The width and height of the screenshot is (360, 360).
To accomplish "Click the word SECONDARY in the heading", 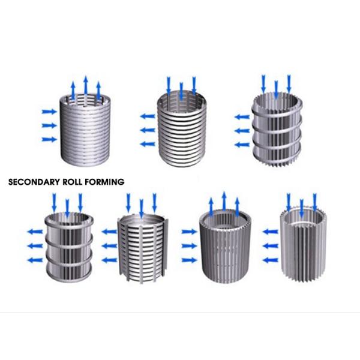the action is coord(34,182).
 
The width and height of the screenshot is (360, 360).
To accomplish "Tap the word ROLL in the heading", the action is coord(73,182).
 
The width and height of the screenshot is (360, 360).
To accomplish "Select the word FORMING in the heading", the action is coord(104,182).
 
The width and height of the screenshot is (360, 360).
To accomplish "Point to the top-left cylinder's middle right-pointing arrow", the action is coord(49,125).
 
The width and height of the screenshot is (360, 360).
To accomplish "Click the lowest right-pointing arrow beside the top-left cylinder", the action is coord(49,139).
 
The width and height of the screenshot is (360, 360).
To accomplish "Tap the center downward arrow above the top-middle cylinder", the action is coord(181,91).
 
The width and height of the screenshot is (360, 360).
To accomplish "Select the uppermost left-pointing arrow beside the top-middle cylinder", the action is coord(148,116).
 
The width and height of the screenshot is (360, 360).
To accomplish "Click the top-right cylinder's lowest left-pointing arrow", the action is coord(242,145).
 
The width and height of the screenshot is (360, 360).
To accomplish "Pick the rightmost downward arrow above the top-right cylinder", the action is coord(289,83).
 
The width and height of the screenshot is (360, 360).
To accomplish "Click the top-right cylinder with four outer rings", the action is coord(277,130).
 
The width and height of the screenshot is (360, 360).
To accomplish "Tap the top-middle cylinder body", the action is coord(182,130).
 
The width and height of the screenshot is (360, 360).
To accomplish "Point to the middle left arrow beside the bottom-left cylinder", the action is coord(35,246).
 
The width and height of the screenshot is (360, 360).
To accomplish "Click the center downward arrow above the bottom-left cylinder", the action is coord(67,208).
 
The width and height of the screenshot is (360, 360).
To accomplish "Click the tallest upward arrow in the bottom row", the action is coord(224,201).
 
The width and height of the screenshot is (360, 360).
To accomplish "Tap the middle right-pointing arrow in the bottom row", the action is coord(190,246).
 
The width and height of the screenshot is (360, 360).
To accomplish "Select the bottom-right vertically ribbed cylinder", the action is coord(303,245).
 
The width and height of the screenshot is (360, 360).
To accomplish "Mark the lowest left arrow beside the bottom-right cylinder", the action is coord(271,260).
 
